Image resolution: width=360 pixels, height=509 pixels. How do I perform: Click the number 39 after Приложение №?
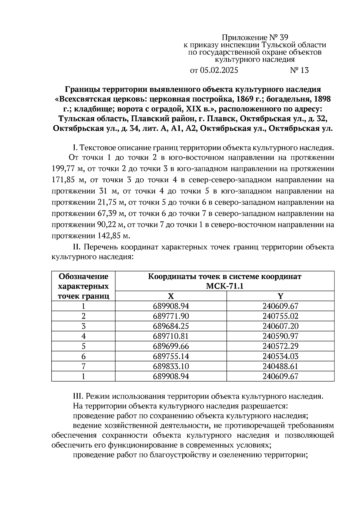coord(283,37)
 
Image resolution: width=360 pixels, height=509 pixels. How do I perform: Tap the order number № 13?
coord(299,70)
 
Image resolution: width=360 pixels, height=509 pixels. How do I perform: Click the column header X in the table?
coord(171,296)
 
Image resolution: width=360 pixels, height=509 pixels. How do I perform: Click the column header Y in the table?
coord(280,296)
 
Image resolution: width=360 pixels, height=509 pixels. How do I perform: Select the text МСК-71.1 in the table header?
coord(224,286)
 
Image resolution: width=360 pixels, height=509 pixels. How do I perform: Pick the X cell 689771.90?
coord(171,316)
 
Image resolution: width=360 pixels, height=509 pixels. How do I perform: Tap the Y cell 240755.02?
coord(280,316)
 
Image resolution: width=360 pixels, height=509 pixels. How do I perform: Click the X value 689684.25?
coord(171,326)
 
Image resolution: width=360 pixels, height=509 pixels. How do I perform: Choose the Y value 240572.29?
coord(280,346)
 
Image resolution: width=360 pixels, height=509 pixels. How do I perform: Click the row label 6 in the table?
coord(83,356)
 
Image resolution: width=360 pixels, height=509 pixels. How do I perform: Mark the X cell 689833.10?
coord(171,366)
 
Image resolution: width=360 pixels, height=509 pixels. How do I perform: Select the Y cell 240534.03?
coord(280,356)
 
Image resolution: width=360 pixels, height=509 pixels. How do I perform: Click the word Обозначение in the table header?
coord(83,276)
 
